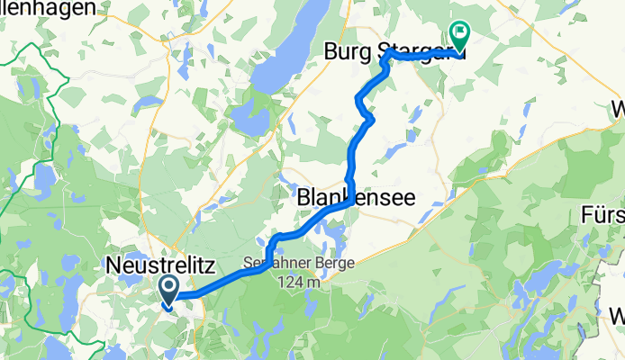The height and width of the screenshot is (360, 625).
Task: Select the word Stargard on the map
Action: [x=423, y=55]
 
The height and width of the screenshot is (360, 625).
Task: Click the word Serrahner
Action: [x=269, y=265]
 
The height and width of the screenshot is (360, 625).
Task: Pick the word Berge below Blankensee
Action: [x=312, y=265]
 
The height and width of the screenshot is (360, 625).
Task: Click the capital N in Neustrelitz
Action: [x=113, y=265]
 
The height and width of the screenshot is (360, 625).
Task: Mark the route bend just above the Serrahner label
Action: [x=270, y=241]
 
